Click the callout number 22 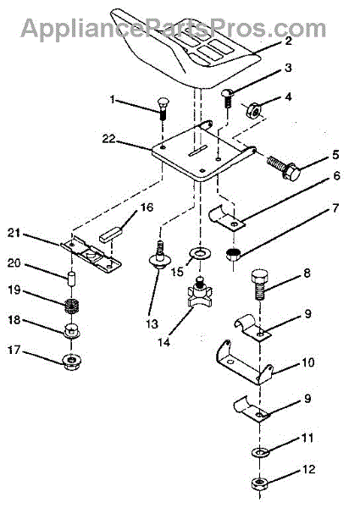(109, 139)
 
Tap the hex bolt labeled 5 (284, 167)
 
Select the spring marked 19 (73, 306)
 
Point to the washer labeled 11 (259, 451)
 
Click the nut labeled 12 (260, 483)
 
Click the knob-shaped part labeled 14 (200, 291)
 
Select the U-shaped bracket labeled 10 (244, 362)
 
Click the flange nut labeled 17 (72, 360)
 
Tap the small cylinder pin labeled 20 (72, 279)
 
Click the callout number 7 (335, 207)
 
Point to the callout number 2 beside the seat (288, 41)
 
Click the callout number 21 (14, 233)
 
